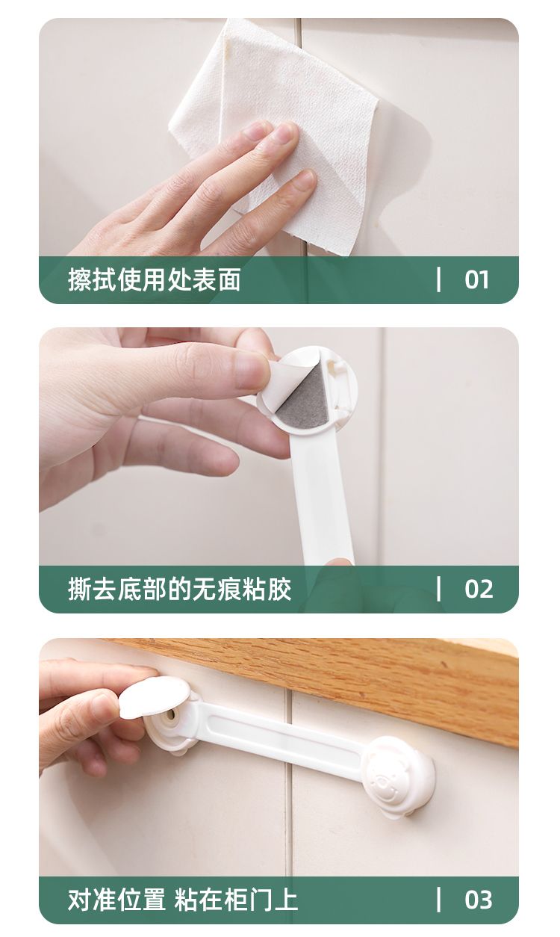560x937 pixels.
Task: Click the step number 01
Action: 476,280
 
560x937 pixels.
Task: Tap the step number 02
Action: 479,589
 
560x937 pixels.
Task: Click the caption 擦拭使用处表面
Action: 155,279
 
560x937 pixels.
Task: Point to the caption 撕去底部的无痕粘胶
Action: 179,589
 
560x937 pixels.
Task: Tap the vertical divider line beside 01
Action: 438,279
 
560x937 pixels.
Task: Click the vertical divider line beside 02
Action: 438,589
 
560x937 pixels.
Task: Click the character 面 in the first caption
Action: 229,279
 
